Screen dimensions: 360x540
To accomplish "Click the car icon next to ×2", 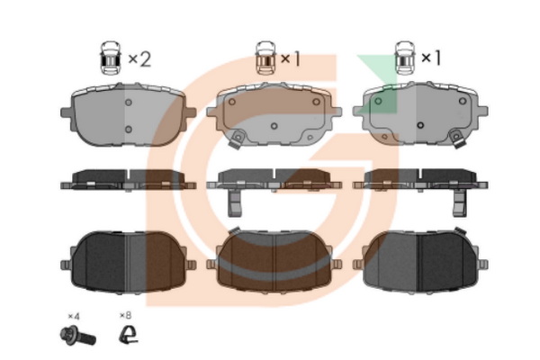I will (110, 60).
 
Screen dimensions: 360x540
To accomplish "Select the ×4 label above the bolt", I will (74, 317).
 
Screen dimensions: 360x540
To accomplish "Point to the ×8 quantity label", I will (126, 317).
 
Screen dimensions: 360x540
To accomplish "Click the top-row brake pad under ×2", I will (128, 115).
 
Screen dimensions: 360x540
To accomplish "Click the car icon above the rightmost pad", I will (405, 60).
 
